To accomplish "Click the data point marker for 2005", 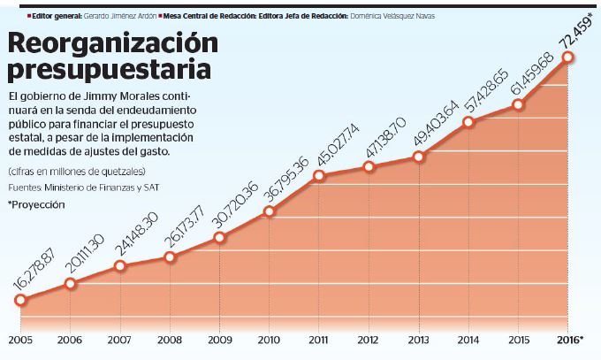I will click(x=19, y=301).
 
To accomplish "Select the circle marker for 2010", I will click(x=270, y=211).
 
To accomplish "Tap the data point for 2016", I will click(x=568, y=57).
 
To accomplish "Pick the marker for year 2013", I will click(x=418, y=157).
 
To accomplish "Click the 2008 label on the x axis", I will click(x=169, y=340).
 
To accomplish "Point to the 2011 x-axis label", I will click(x=319, y=340).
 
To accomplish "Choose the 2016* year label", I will click(x=569, y=340).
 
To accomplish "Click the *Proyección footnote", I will click(x=37, y=203).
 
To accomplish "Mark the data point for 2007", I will click(x=120, y=265).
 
